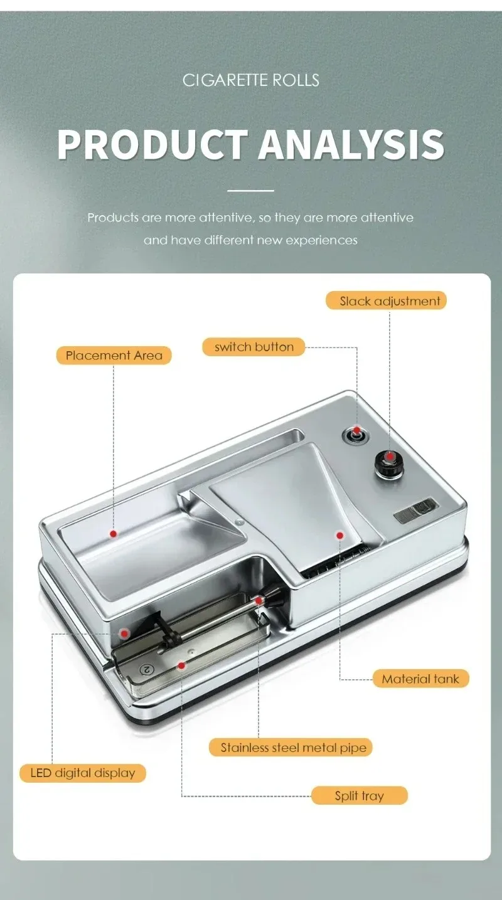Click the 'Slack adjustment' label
click(x=386, y=300)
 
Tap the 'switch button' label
click(x=254, y=347)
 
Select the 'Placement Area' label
click(x=114, y=355)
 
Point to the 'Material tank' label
click(x=420, y=679)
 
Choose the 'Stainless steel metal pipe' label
click(x=290, y=748)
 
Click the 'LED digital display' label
click(x=82, y=773)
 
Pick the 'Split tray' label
click(x=360, y=795)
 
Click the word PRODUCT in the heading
click(x=152, y=145)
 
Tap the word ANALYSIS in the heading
click(x=351, y=145)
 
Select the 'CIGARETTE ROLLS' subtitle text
click(x=251, y=80)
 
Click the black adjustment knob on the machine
click(x=389, y=464)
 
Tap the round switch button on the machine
click(x=356, y=435)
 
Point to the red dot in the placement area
click(x=114, y=534)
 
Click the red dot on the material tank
click(x=339, y=535)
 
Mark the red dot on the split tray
click(x=181, y=666)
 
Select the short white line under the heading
click(x=250, y=191)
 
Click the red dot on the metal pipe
click(x=259, y=601)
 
